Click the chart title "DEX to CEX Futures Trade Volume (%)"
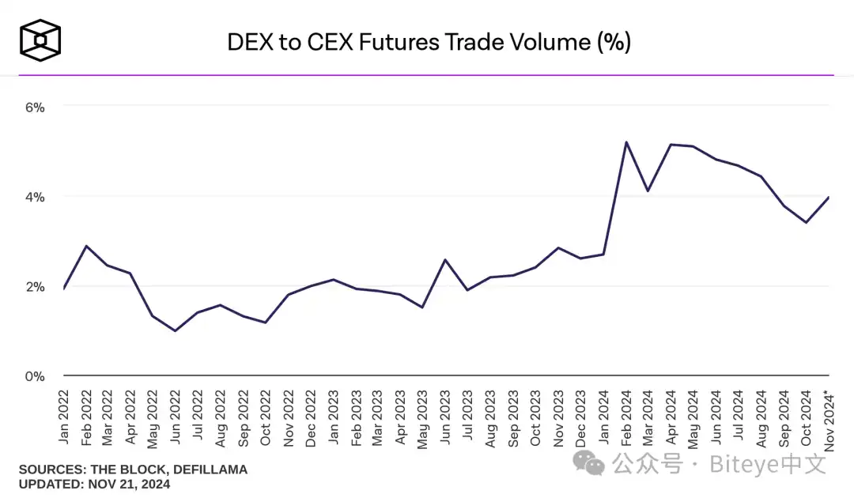[x=429, y=41]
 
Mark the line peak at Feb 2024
[x=626, y=142]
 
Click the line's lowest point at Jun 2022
[x=175, y=330]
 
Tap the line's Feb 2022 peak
[x=85, y=246]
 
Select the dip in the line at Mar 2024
[x=648, y=191]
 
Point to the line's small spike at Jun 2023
[x=446, y=259]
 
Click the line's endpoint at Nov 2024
[x=828, y=198]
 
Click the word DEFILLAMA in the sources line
[x=208, y=470]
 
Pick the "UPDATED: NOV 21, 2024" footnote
[x=94, y=484]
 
